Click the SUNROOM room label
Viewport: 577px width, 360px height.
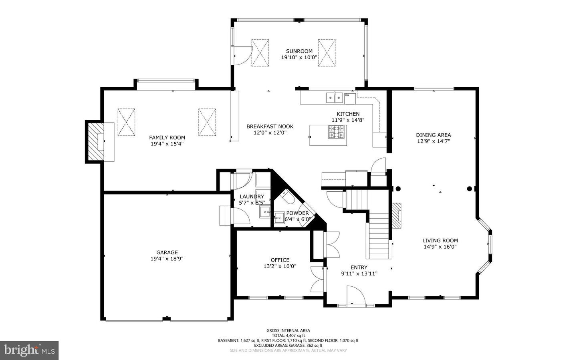coord(299,51)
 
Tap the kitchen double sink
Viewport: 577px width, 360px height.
coord(335,98)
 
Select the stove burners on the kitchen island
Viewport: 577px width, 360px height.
coord(336,132)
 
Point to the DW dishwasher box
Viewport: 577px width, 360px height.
coord(350,99)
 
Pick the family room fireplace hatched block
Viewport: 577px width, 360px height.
coord(96,142)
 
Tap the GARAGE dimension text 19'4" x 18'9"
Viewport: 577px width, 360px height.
coord(167,259)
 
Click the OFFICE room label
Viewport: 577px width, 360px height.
coord(280,260)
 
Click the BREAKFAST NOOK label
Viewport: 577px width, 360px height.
coord(270,127)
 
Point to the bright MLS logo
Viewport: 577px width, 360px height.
coord(29,350)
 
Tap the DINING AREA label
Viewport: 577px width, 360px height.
coord(434,135)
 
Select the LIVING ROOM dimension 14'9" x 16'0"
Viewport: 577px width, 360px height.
coord(440,247)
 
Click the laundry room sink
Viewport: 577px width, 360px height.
coord(265,212)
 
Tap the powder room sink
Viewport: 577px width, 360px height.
coord(279,218)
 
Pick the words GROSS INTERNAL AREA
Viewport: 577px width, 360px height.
coord(288,330)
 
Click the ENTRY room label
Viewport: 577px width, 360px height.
coord(359,267)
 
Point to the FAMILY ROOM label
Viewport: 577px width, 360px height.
coord(167,137)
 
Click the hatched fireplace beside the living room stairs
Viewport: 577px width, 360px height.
coord(397,215)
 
